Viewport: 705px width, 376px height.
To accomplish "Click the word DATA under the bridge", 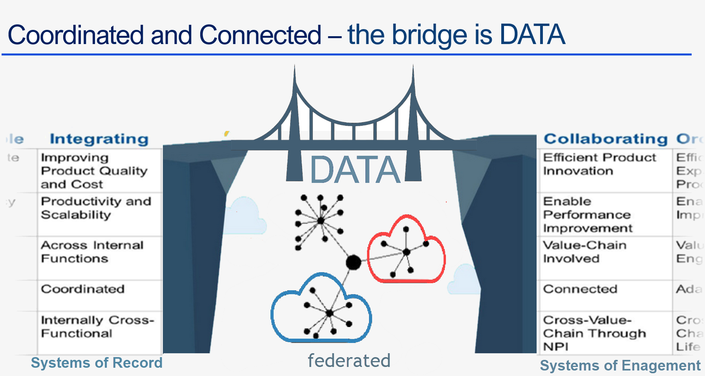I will (x=355, y=170).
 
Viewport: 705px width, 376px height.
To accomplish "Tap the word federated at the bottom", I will (x=349, y=361).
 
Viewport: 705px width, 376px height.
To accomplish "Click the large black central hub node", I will (x=353, y=262).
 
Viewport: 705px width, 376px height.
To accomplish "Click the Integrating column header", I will (x=99, y=139).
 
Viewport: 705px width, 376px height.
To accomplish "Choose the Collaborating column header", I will (x=605, y=139).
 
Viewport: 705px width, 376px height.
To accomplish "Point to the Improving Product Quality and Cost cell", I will (x=94, y=171).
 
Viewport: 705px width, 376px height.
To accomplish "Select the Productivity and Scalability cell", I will (x=96, y=208).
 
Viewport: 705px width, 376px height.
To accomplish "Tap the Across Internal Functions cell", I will (x=92, y=252).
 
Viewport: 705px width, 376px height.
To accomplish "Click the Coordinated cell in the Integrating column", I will (x=83, y=289).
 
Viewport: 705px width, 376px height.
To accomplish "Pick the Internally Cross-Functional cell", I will (x=97, y=326).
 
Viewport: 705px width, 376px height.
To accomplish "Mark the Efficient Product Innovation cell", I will (x=599, y=164).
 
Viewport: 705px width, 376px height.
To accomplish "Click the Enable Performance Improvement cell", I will (x=587, y=215).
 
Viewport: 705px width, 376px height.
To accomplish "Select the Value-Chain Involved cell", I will (x=584, y=252).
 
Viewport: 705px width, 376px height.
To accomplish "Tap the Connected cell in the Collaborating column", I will (x=580, y=289).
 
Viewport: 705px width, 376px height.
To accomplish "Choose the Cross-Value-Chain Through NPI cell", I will (x=594, y=333).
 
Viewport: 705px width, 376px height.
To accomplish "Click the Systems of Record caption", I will (x=97, y=363).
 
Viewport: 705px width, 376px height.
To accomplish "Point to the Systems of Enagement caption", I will (x=620, y=365).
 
